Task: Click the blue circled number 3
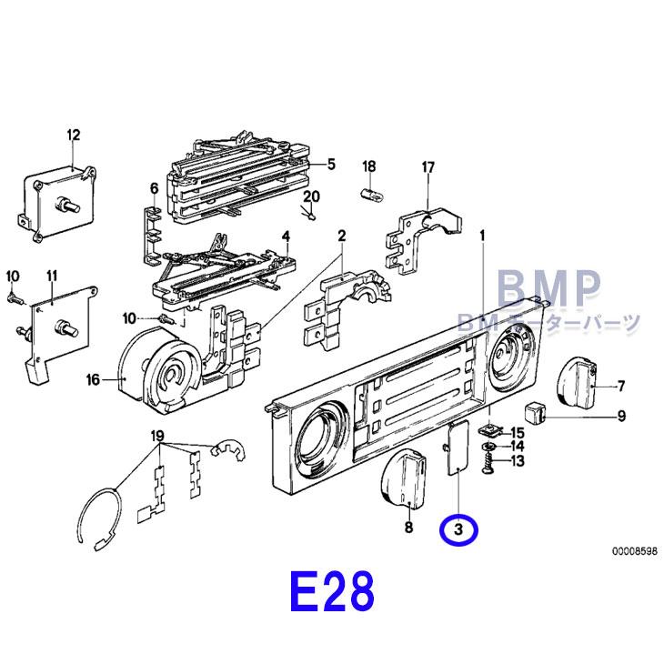[458, 528]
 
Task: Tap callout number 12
[74, 136]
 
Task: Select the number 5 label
[331, 164]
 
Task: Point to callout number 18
[369, 166]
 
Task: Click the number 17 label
[428, 166]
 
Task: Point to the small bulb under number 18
[370, 193]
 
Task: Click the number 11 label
[53, 276]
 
